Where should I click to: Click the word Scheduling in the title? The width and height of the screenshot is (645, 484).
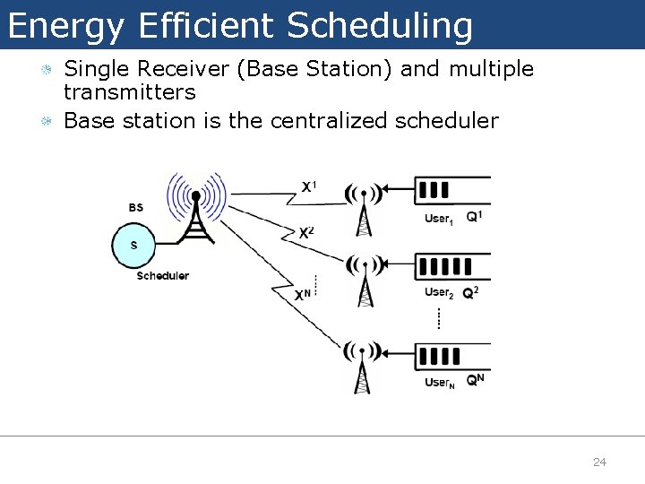tap(380, 26)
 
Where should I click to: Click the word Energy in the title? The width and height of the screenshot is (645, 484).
tap(65, 26)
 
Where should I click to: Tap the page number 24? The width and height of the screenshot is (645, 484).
tap(599, 462)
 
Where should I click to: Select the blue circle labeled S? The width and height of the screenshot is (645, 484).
tap(134, 244)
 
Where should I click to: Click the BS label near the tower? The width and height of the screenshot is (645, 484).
tap(135, 208)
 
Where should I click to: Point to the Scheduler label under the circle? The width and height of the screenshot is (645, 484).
tap(162, 276)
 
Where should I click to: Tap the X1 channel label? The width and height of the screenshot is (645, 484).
tap(308, 186)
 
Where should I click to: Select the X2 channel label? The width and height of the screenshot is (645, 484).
tap(306, 232)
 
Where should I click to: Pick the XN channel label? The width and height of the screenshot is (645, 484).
tap(304, 293)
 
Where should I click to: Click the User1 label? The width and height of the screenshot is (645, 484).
tap(439, 220)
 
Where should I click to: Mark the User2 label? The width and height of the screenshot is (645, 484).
tap(439, 293)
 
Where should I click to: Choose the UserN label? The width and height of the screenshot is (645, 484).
tap(440, 383)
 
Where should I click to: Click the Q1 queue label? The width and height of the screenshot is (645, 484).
tap(475, 216)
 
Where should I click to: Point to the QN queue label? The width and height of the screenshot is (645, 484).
tap(476, 380)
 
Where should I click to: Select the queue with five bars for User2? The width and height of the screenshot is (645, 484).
tap(446, 266)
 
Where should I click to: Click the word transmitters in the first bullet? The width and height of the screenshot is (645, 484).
tap(130, 92)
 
